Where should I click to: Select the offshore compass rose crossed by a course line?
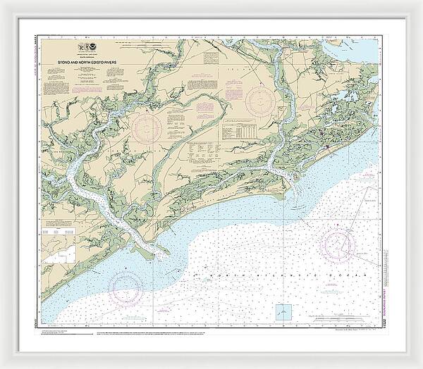coord(339,244)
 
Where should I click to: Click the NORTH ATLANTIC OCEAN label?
coord(261,270)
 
